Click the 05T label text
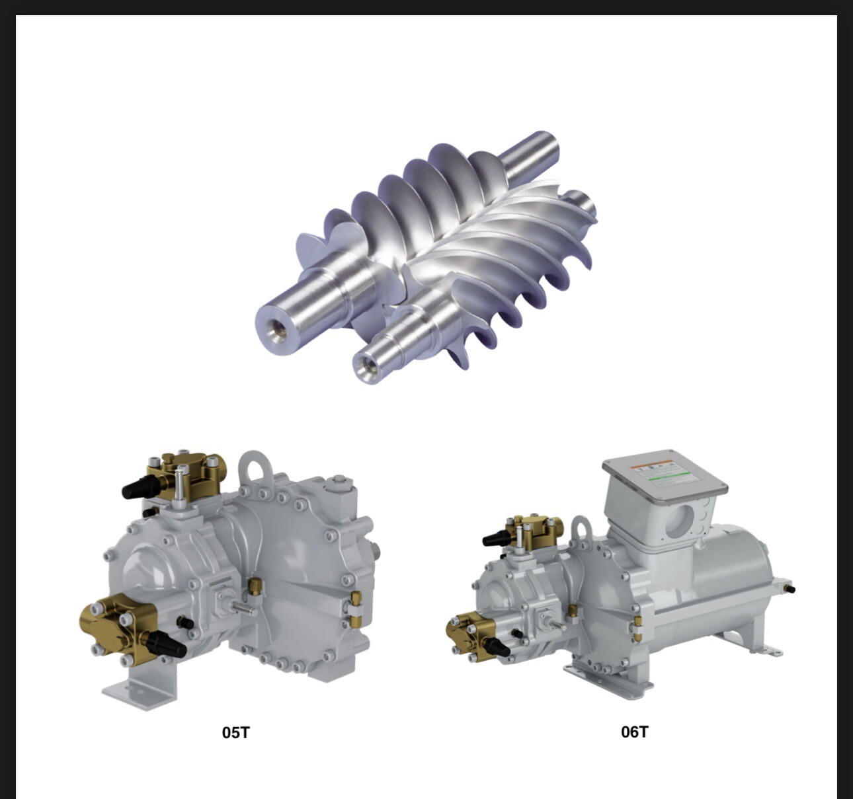coord(236,732)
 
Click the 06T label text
coord(634,732)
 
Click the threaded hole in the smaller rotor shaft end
coord(363,365)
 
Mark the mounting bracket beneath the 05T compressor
coord(136,684)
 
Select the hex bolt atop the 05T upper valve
coord(179,478)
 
